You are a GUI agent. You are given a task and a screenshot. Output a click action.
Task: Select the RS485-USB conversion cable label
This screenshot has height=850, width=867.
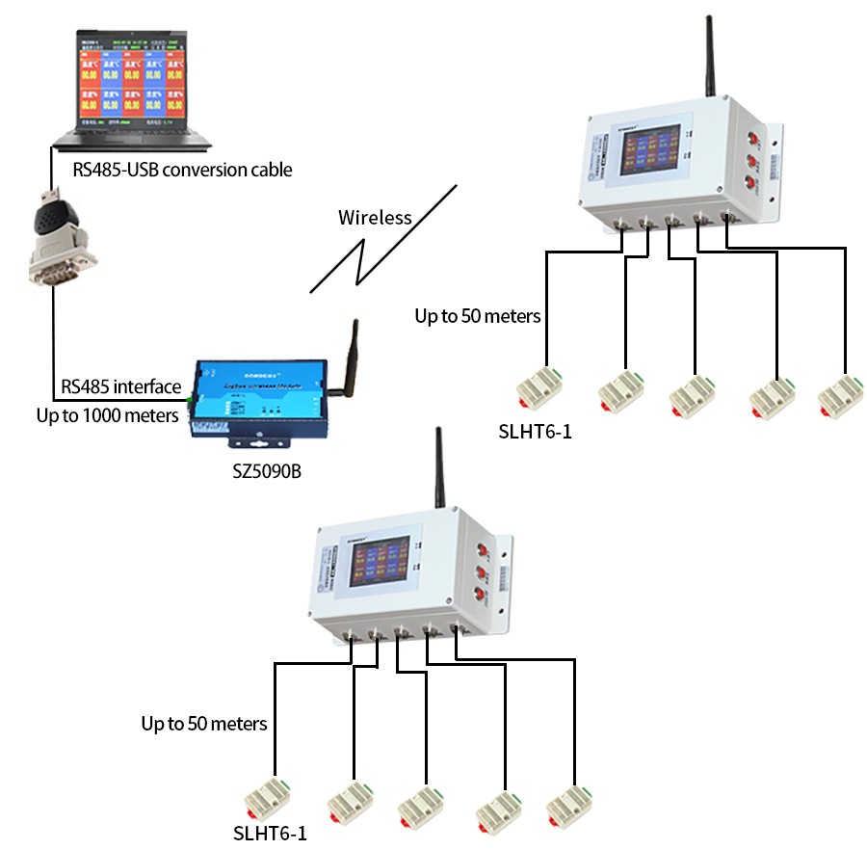coord(182,171)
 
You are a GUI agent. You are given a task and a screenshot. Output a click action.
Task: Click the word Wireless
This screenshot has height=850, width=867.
coord(375,218)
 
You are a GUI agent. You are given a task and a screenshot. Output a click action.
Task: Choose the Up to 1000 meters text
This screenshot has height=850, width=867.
coord(107,416)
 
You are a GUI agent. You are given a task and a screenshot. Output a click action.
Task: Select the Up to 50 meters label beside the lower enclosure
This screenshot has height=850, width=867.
coord(203,722)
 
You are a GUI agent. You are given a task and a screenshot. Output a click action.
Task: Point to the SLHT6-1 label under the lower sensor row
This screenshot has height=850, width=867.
coord(270,833)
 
